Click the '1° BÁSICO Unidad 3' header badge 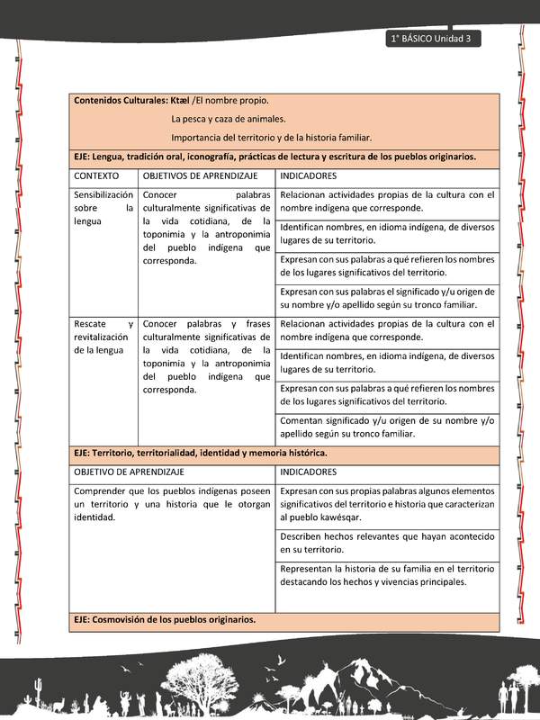click(434, 39)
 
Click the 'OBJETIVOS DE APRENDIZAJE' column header click(200, 175)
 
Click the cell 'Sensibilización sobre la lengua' click(103, 207)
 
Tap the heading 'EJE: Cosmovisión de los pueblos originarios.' click(165, 619)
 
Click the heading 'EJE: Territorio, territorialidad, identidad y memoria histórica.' click(201, 453)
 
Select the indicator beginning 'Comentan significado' click(387, 427)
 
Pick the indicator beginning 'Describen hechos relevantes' click(387, 543)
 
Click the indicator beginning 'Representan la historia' click(387, 575)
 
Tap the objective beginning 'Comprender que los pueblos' click(171, 504)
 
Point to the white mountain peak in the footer click(360, 670)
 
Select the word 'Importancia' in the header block click(196, 138)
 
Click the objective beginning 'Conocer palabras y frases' click(206, 356)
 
